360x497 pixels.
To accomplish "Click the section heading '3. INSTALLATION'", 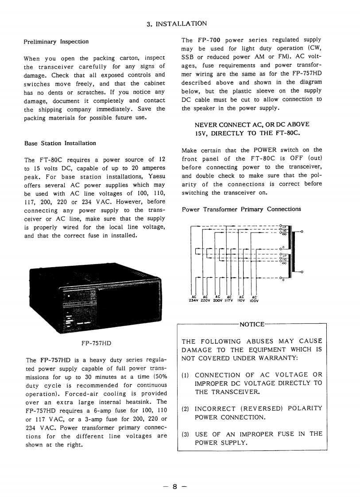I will tap(177, 23).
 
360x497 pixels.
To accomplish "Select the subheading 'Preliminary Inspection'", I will tap(56, 42).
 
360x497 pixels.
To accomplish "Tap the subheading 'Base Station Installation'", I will tap(60, 143).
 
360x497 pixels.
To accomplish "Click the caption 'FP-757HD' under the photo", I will tap(96, 343).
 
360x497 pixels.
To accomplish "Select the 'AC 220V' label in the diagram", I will tap(205, 299).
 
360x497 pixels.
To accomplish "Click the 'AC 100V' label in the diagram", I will tap(254, 299).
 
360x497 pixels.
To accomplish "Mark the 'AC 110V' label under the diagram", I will tap(241, 299).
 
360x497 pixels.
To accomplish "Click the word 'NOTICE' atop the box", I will tap(252, 325).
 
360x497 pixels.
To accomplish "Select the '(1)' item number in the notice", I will tap(186, 375).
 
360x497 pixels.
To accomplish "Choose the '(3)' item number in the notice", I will tap(186, 434).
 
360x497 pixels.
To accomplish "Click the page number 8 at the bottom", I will tap(175, 474).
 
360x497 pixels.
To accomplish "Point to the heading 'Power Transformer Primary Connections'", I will tap(241, 209).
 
